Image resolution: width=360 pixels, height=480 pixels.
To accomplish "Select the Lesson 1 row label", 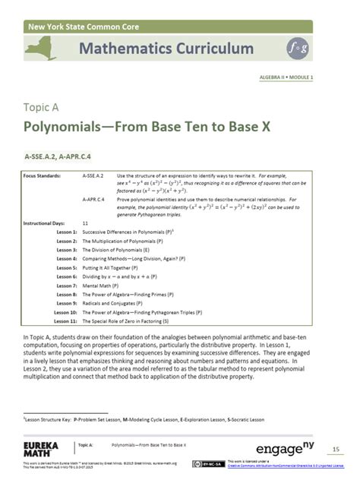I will pyautogui.click(x=66, y=232).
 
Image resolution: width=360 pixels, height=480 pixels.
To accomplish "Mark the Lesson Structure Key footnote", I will pyautogui.click(x=144, y=419).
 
